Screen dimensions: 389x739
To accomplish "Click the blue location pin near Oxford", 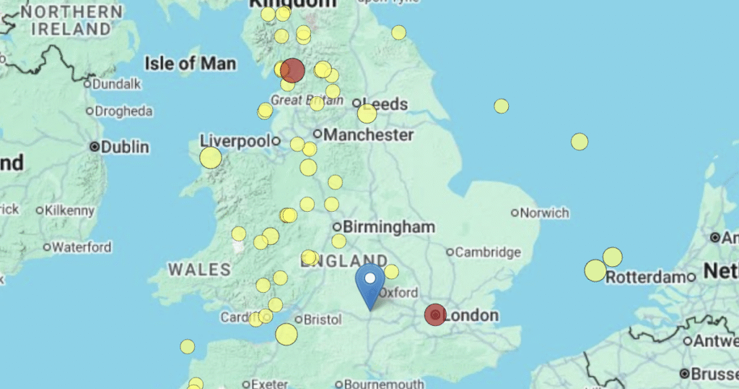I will (370, 283).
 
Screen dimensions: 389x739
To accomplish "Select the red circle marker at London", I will (435, 315).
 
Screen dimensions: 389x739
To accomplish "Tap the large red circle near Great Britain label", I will (293, 71).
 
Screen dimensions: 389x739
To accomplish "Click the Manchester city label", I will (368, 134).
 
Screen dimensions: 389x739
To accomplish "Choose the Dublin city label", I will (125, 147).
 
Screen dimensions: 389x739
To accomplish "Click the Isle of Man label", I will (190, 64).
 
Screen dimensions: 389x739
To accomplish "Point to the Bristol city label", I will (322, 319).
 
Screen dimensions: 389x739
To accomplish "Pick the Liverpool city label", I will (234, 140).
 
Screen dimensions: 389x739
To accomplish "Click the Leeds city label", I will (389, 104).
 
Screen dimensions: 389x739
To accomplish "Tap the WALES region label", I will (199, 270).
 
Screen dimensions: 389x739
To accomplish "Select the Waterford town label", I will (82, 247).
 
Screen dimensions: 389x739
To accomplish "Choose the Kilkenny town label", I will (69, 211).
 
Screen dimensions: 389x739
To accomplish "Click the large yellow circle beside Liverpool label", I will (211, 158).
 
